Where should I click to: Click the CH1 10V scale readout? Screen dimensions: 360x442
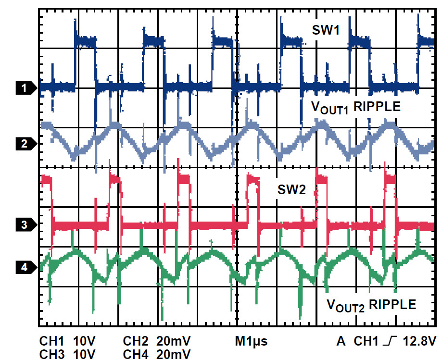point(68,341)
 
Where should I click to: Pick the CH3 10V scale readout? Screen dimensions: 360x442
point(68,354)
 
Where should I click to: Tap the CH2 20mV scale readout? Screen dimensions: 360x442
point(157,341)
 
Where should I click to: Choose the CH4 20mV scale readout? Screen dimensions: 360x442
point(157,354)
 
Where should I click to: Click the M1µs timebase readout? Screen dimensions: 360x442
point(251,341)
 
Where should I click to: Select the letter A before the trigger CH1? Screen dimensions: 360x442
point(341,341)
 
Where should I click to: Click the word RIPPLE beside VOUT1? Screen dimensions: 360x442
point(377,107)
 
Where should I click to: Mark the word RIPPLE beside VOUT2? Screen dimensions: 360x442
point(392,304)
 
